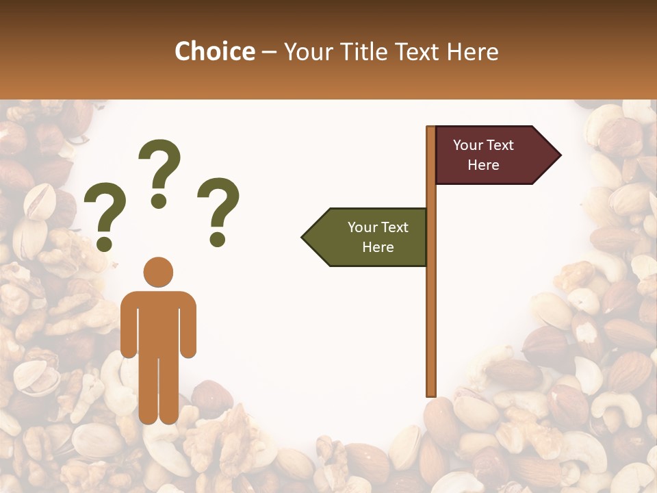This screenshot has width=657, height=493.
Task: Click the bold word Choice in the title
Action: coord(214,51)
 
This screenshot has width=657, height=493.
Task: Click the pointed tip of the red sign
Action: coord(558,155)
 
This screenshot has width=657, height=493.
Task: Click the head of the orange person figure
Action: coord(158,272)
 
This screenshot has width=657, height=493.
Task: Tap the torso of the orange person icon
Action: coord(158,322)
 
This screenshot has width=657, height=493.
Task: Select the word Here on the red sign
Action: coord(483,165)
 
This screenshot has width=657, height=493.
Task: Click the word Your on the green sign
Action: coord(361,227)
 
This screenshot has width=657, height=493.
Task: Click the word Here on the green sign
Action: coord(378,247)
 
